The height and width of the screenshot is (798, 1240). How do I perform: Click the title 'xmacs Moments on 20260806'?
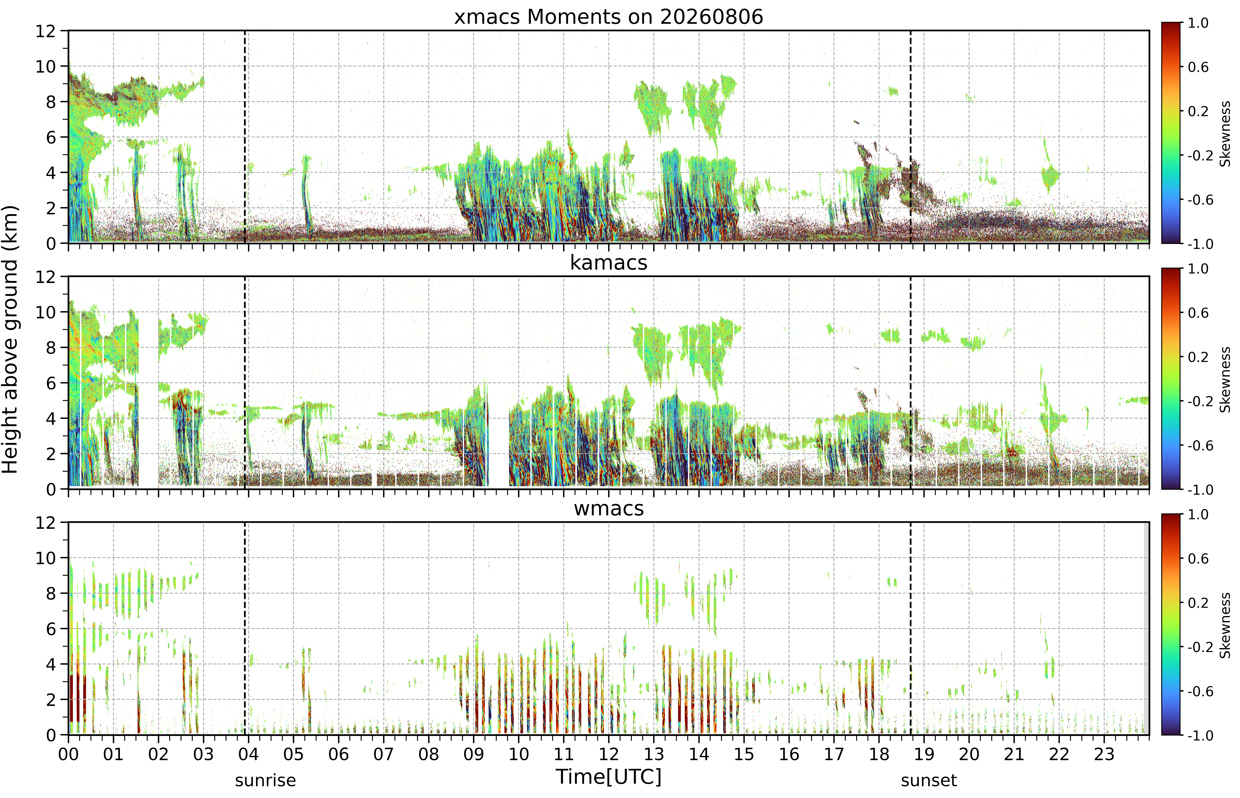coord(609,17)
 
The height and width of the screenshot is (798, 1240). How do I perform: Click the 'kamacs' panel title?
coord(609,263)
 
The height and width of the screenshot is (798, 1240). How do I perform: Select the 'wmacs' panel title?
coord(609,508)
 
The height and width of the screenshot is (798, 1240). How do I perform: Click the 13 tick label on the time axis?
coord(654,754)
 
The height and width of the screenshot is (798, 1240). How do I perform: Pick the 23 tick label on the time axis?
coord(1104,754)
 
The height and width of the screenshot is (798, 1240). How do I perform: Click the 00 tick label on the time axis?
coord(68,754)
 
